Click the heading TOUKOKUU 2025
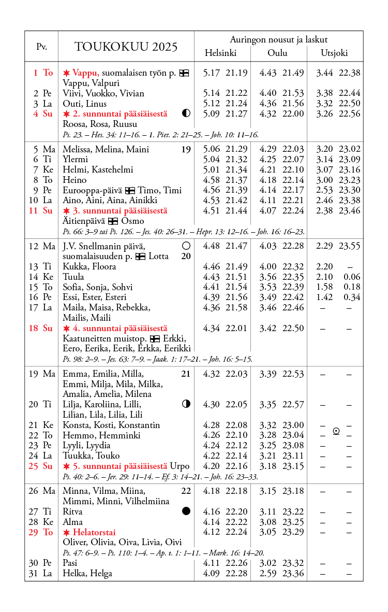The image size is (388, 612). pos(126,47)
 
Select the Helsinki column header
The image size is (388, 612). pos(220,53)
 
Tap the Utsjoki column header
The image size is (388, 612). pos(334,53)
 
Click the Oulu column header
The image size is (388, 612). pos(277,53)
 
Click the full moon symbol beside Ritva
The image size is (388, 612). pos(186,511)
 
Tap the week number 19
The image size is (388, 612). pos(186,150)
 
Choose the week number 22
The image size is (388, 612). pos(186,491)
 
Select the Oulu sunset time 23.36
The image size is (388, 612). pos(293,573)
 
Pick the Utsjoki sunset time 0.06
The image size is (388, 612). pos(352,277)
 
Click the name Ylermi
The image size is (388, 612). pos(75,160)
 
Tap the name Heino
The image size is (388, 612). pos(74,180)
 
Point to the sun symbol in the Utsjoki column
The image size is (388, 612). pos(336,431)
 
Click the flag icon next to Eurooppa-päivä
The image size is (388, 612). pos(130,190)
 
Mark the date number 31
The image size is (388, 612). pos(34,573)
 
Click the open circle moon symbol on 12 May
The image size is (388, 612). pos(186,246)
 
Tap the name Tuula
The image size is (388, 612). pos(73,277)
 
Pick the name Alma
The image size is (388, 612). pos(72,522)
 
